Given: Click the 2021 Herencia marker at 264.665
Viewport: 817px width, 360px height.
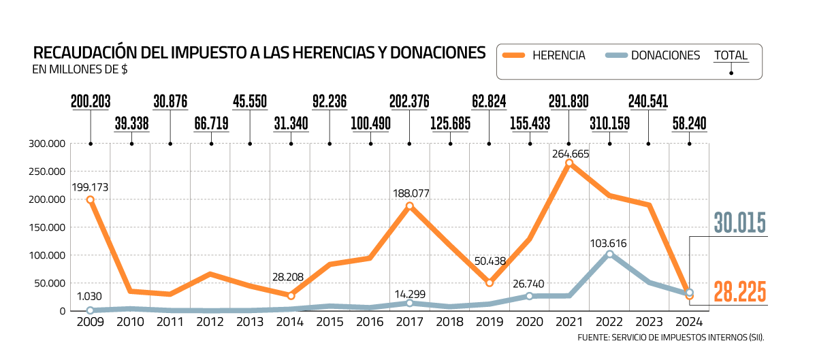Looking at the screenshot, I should point(569,163).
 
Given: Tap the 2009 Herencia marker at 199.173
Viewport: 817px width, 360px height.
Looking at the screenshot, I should point(90,199).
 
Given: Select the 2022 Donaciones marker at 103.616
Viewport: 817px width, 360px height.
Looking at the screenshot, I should point(609,254).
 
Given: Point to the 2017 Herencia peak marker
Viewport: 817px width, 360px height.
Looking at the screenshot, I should point(409,206).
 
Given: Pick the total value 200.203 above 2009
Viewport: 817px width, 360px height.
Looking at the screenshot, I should point(90,102).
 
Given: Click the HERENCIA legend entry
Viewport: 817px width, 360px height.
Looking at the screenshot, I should point(558,56).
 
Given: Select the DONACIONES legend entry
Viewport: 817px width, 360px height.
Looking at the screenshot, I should point(665,56).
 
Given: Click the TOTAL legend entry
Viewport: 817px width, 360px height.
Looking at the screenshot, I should point(731,56).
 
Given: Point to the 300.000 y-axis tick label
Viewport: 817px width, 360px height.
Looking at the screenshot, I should point(46,144).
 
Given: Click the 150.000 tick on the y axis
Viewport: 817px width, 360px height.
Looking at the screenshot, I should point(46,227).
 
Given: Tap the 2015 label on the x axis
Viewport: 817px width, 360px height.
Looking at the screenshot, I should point(330,322).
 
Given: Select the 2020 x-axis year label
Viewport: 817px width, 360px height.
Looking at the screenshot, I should point(529,322).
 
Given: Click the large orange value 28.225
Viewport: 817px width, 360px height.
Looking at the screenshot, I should point(740,292).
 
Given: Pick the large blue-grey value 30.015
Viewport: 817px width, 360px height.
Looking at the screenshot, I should point(740,223).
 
